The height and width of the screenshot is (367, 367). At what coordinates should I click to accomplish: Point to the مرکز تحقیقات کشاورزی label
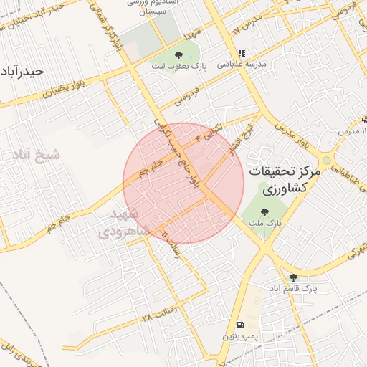[284, 180]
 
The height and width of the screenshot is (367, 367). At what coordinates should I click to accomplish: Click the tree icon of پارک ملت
[265, 212]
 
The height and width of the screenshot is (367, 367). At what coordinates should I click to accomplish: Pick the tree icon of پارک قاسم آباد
[292, 277]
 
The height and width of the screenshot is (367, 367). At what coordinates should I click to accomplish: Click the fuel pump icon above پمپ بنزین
[239, 324]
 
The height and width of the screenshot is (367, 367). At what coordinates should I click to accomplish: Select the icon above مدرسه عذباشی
[242, 53]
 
